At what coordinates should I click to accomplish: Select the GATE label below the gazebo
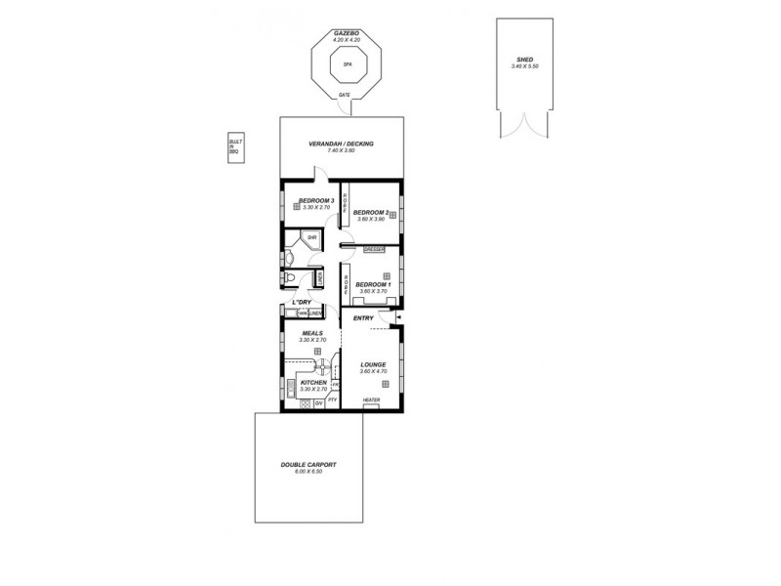[343, 95]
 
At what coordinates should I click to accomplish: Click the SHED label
[525, 61]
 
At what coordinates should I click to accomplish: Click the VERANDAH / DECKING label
[342, 144]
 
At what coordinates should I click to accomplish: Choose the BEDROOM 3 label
[316, 200]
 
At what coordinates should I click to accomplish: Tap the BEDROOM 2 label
[371, 212]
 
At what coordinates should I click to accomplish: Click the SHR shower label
[311, 237]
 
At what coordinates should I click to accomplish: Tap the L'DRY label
[302, 303]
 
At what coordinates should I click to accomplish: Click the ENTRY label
[363, 317]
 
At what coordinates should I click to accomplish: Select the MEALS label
[312, 333]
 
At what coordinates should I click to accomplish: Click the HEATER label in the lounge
[371, 400]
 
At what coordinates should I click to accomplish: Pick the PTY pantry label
[332, 400]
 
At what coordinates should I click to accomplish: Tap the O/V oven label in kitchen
[318, 401]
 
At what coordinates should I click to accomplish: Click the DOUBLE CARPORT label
[308, 465]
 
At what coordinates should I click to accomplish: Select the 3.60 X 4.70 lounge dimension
[373, 371]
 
